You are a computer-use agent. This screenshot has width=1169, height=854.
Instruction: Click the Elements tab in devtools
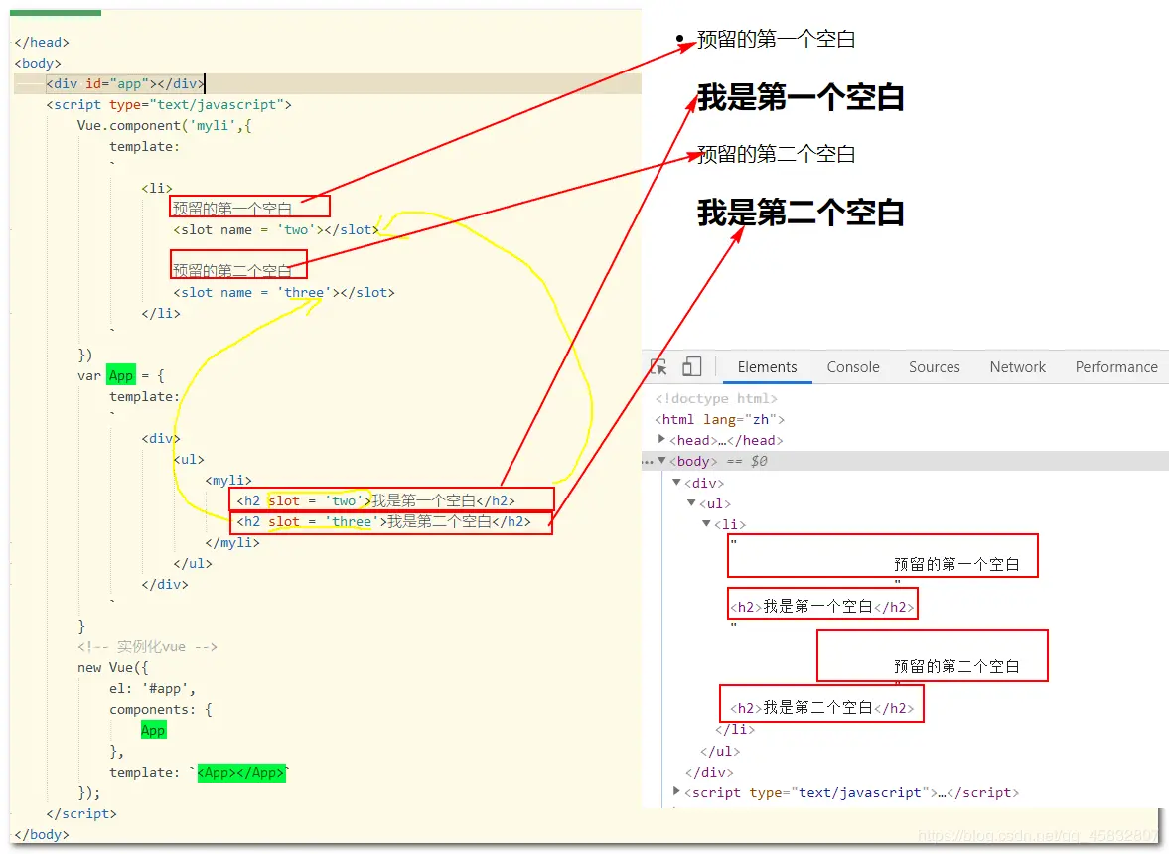[x=767, y=367]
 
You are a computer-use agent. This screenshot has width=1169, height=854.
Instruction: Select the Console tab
[x=853, y=367]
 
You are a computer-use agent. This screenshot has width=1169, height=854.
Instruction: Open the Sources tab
[x=934, y=367]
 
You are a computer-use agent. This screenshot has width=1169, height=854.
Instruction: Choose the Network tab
[x=1018, y=367]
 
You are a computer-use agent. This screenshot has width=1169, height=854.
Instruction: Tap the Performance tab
[x=1115, y=367]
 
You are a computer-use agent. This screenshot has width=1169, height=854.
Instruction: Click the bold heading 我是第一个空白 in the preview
[x=801, y=97]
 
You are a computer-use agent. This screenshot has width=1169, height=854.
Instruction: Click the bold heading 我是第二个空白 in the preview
[x=801, y=213]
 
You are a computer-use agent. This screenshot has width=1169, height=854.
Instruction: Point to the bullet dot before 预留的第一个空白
[x=680, y=40]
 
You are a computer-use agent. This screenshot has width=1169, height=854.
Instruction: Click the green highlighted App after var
[x=121, y=376]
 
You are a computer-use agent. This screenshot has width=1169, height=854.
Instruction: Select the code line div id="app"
[x=125, y=84]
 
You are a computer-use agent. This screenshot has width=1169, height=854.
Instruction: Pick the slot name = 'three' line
[x=283, y=293]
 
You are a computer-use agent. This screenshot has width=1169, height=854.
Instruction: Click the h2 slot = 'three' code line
[x=383, y=522]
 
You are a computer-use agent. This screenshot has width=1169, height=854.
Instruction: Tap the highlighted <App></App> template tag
[x=241, y=773]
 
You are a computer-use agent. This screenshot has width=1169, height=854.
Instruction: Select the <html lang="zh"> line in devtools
[x=719, y=420]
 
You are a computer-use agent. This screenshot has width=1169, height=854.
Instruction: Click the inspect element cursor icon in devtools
[x=658, y=367]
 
